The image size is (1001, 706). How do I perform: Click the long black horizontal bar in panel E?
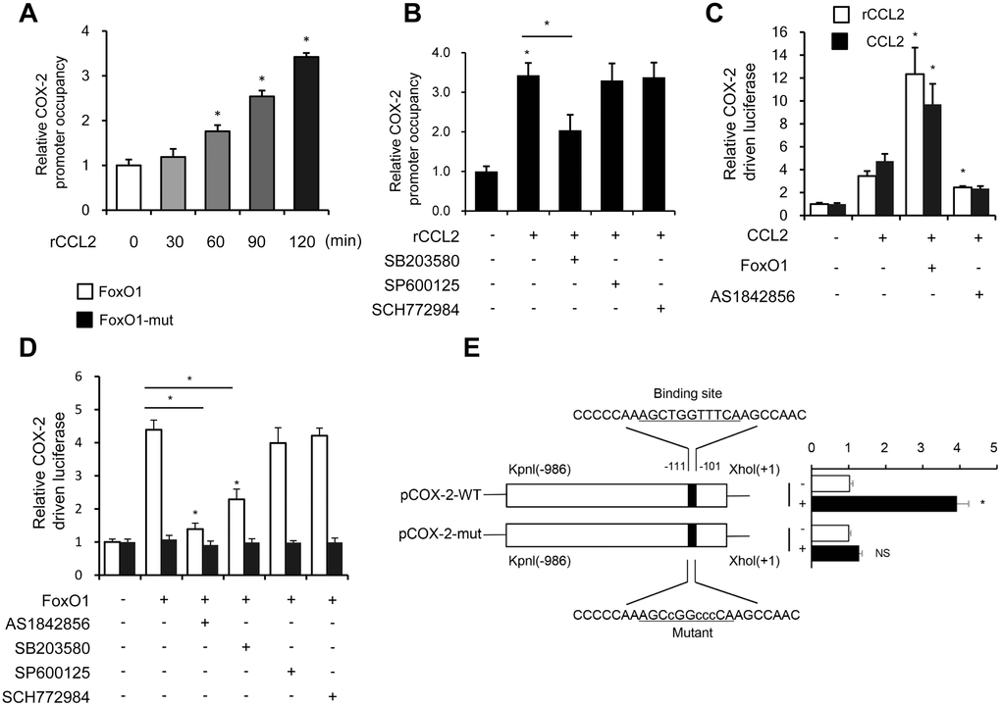point(884,503)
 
